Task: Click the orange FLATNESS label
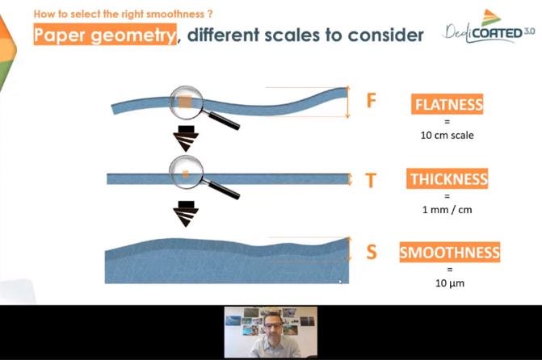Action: pyautogui.click(x=447, y=104)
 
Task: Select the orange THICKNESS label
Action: pyautogui.click(x=447, y=178)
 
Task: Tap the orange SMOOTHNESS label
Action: pyautogui.click(x=449, y=252)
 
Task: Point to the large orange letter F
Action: pyautogui.click(x=371, y=101)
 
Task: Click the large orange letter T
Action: pyautogui.click(x=371, y=180)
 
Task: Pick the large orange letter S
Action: pyautogui.click(x=372, y=252)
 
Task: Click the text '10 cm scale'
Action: pyautogui.click(x=447, y=135)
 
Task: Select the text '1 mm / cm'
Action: pyautogui.click(x=447, y=210)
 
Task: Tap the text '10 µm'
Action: pyautogui.click(x=449, y=283)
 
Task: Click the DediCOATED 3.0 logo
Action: pyautogui.click(x=489, y=27)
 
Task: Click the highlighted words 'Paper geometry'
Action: pyautogui.click(x=105, y=35)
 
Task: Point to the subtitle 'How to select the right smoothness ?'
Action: pyautogui.click(x=123, y=15)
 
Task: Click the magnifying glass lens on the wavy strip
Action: pyautogui.click(x=186, y=103)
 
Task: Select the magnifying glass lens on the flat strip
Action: pyautogui.click(x=186, y=172)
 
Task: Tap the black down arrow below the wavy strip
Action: pyautogui.click(x=186, y=139)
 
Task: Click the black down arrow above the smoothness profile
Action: pyautogui.click(x=186, y=214)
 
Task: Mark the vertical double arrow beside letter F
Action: pyautogui.click(x=348, y=102)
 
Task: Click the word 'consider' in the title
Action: pyautogui.click(x=385, y=35)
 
